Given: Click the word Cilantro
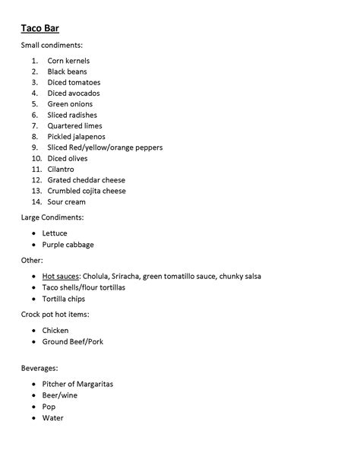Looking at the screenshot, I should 62,169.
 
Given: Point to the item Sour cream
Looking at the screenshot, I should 67,201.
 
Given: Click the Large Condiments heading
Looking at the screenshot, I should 52,217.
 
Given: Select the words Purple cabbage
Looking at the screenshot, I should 68,245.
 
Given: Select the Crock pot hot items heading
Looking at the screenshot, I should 54,314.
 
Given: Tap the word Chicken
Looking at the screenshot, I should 55,331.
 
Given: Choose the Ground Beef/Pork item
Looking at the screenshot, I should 73,341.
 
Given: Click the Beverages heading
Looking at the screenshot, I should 40,368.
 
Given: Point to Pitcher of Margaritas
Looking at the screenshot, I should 77,385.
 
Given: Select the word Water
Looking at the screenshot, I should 53,417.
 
